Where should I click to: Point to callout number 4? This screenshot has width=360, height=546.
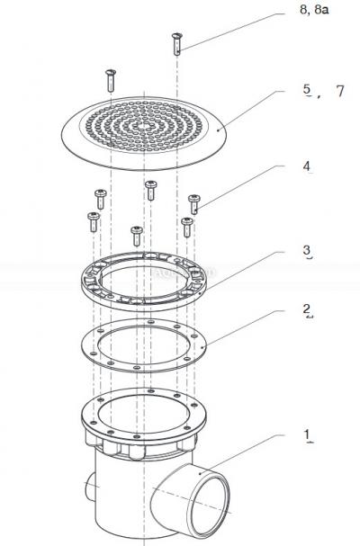coord(307,166)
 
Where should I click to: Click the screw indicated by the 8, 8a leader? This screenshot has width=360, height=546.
coord(176,42)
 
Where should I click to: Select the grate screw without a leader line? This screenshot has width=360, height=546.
coord(111,78)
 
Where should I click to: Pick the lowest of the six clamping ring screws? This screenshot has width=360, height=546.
coord(136,236)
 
